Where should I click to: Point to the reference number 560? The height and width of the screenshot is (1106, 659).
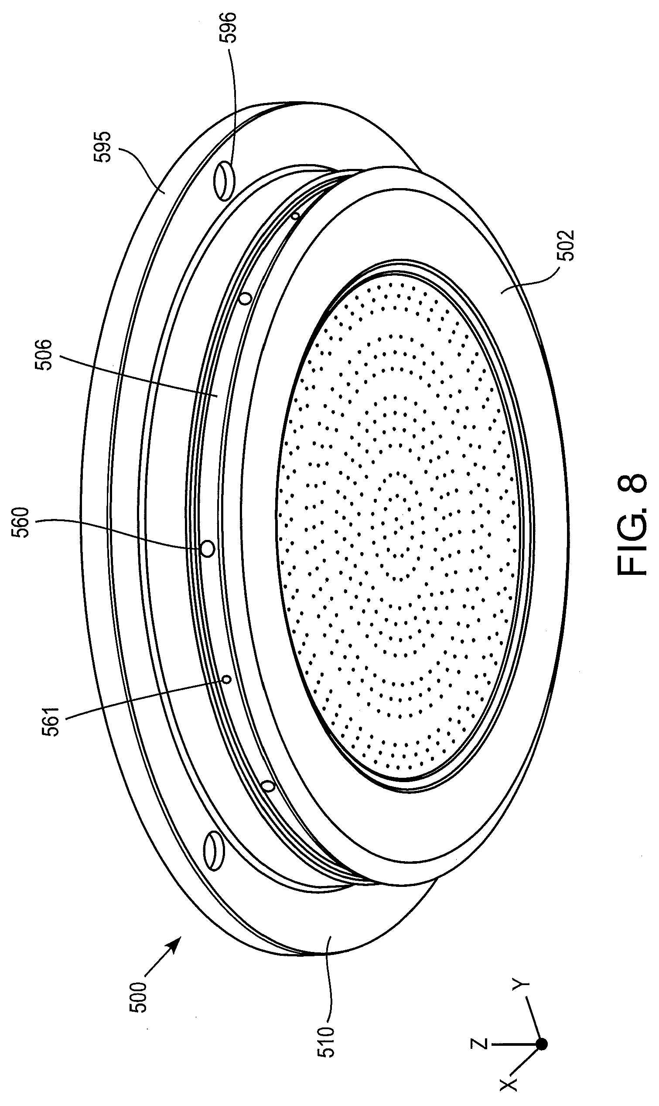point(22,522)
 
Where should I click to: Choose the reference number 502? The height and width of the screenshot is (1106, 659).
point(567,245)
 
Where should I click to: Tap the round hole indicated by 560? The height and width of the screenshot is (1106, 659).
point(207,548)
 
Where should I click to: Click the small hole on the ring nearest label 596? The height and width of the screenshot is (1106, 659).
point(296,216)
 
